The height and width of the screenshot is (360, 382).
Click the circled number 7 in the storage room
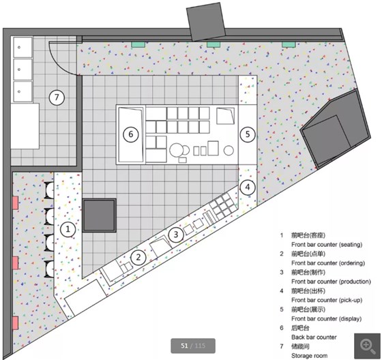(57, 97)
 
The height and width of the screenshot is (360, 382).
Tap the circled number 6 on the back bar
(131, 134)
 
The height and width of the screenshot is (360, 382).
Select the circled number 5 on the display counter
(248, 134)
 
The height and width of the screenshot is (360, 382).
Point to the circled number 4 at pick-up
(248, 187)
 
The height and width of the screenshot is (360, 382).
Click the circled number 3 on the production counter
(176, 235)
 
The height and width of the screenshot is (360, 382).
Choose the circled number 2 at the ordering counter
(138, 258)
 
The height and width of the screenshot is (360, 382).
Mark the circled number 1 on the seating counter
(68, 229)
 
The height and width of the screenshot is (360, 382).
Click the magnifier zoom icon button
(368, 346)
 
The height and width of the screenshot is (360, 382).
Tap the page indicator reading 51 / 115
(193, 346)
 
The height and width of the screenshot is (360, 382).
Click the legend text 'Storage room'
(310, 356)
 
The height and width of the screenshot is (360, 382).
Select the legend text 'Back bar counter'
(314, 337)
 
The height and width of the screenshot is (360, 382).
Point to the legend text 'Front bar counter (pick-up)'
(327, 300)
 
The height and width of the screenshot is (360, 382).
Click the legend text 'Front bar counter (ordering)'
(328, 263)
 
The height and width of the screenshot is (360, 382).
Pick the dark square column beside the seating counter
(99, 215)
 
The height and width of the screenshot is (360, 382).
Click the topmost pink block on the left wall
(15, 203)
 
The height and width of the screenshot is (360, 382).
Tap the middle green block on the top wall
(214, 44)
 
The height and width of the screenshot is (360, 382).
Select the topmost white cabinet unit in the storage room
(23, 47)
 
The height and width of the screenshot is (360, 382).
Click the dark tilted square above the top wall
(205, 22)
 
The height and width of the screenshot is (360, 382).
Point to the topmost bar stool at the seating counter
(49, 190)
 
